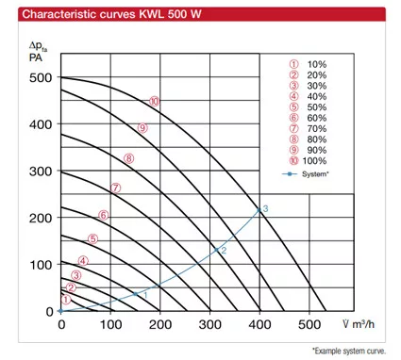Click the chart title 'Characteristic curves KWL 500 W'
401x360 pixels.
click(x=111, y=14)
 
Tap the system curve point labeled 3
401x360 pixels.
click(x=259, y=210)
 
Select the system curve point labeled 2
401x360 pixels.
click(x=216, y=250)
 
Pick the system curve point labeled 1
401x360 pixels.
click(x=136, y=294)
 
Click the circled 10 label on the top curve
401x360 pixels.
click(x=155, y=102)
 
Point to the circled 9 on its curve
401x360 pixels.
click(x=142, y=128)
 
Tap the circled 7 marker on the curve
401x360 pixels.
click(x=115, y=188)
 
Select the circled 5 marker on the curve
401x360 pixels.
click(x=92, y=239)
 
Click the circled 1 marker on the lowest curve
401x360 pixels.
click(x=66, y=300)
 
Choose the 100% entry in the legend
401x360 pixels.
click(x=309, y=160)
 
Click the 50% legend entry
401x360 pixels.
click(x=309, y=107)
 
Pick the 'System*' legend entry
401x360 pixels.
click(x=306, y=173)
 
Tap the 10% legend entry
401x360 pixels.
click(x=309, y=64)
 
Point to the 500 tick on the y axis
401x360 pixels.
click(x=41, y=77)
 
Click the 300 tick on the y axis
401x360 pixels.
click(x=41, y=172)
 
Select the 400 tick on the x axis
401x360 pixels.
click(x=259, y=324)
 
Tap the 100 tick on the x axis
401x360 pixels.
click(x=110, y=324)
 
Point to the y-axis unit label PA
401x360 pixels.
click(x=36, y=57)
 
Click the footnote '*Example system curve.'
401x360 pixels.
click(x=349, y=351)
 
